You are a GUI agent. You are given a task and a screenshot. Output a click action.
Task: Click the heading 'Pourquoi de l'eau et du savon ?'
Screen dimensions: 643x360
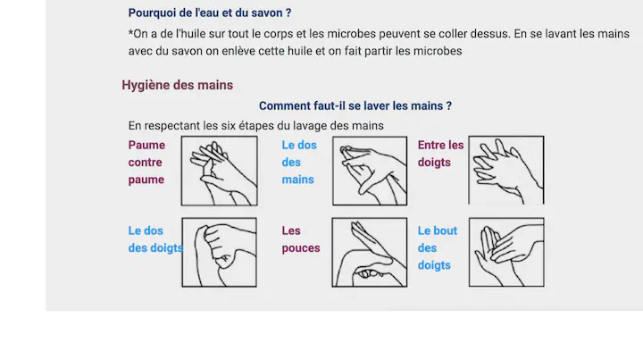tap(210, 13)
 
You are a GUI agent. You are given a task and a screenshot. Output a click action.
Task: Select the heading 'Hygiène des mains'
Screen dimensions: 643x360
tap(177, 85)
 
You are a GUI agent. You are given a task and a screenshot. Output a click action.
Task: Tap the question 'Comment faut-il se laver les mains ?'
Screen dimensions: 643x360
tap(355, 105)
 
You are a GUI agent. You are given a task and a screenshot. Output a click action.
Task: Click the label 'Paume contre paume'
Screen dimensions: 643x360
tap(146, 163)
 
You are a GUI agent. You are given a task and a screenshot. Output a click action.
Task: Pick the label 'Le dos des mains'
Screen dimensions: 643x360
tap(299, 163)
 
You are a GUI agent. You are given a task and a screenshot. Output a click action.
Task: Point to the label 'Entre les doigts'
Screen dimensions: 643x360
tap(440, 154)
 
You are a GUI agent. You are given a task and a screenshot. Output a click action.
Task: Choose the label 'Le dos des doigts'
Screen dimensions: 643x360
tap(155, 239)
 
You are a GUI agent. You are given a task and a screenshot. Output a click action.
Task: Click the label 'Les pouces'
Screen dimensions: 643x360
tap(301, 239)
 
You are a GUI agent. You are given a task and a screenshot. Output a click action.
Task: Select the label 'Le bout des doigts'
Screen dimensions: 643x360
tap(437, 248)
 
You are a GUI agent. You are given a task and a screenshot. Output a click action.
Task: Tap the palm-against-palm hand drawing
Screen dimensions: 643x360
tap(220, 171)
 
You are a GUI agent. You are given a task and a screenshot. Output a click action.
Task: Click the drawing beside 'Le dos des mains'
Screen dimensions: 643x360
tap(370, 171)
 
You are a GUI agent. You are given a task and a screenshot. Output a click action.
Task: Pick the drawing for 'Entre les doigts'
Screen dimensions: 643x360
tap(506, 170)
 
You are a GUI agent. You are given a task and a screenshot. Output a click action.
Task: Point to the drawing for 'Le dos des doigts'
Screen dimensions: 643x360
tap(220, 252)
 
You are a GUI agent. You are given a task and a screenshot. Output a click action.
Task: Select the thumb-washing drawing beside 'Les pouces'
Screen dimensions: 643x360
tap(370, 252)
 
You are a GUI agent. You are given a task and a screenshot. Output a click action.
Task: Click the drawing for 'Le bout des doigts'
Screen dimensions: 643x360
tap(507, 252)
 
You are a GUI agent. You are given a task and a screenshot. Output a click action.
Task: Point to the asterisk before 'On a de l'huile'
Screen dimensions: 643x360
tap(130, 32)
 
